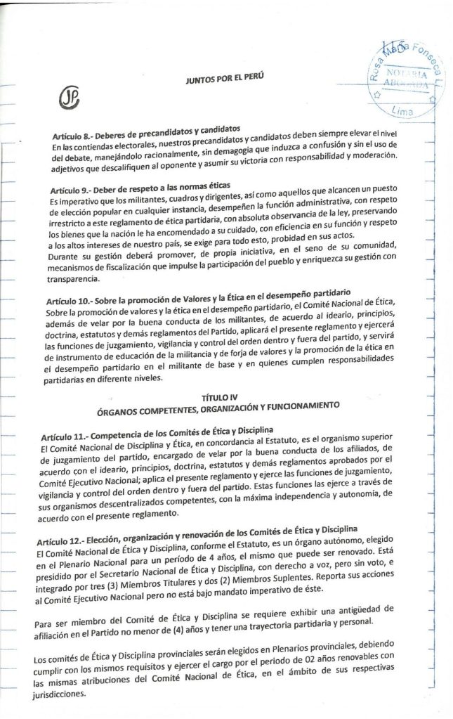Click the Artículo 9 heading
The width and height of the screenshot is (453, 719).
point(131,191)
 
